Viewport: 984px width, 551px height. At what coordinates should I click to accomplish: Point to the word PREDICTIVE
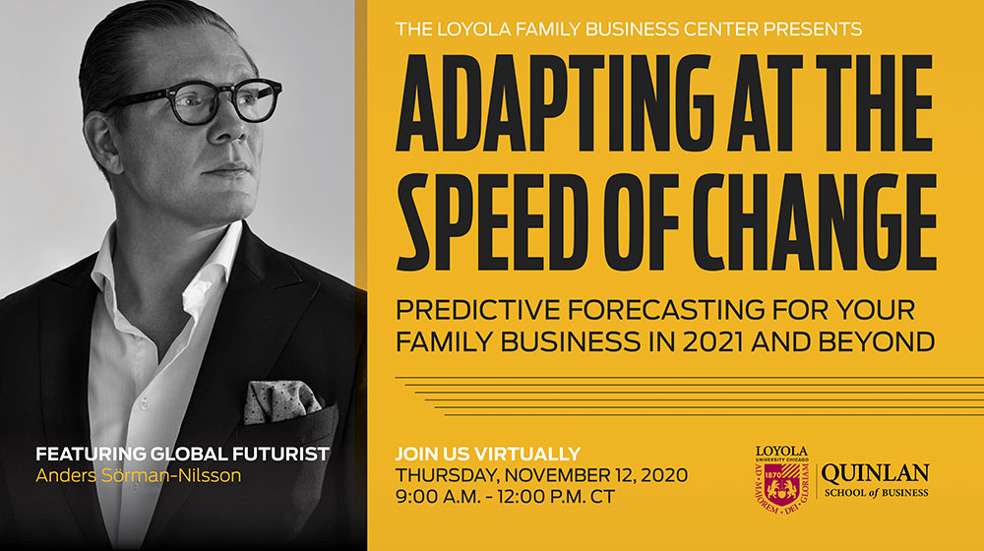click(x=478, y=310)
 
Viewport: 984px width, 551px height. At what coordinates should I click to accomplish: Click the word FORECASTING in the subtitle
click(x=666, y=310)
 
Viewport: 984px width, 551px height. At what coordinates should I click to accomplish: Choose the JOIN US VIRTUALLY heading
click(x=488, y=454)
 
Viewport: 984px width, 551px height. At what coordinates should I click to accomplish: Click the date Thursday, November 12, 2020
click(x=541, y=475)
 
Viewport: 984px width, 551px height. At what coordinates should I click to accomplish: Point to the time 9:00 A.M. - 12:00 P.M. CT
click(x=505, y=497)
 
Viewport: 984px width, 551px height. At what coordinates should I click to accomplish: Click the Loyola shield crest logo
click(x=781, y=484)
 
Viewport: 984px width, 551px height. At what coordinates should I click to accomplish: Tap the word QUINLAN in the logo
click(x=876, y=473)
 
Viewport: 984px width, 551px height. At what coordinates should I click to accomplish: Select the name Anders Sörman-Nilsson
click(x=138, y=475)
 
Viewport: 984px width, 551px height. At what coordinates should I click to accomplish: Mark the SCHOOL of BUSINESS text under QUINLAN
click(x=876, y=493)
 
